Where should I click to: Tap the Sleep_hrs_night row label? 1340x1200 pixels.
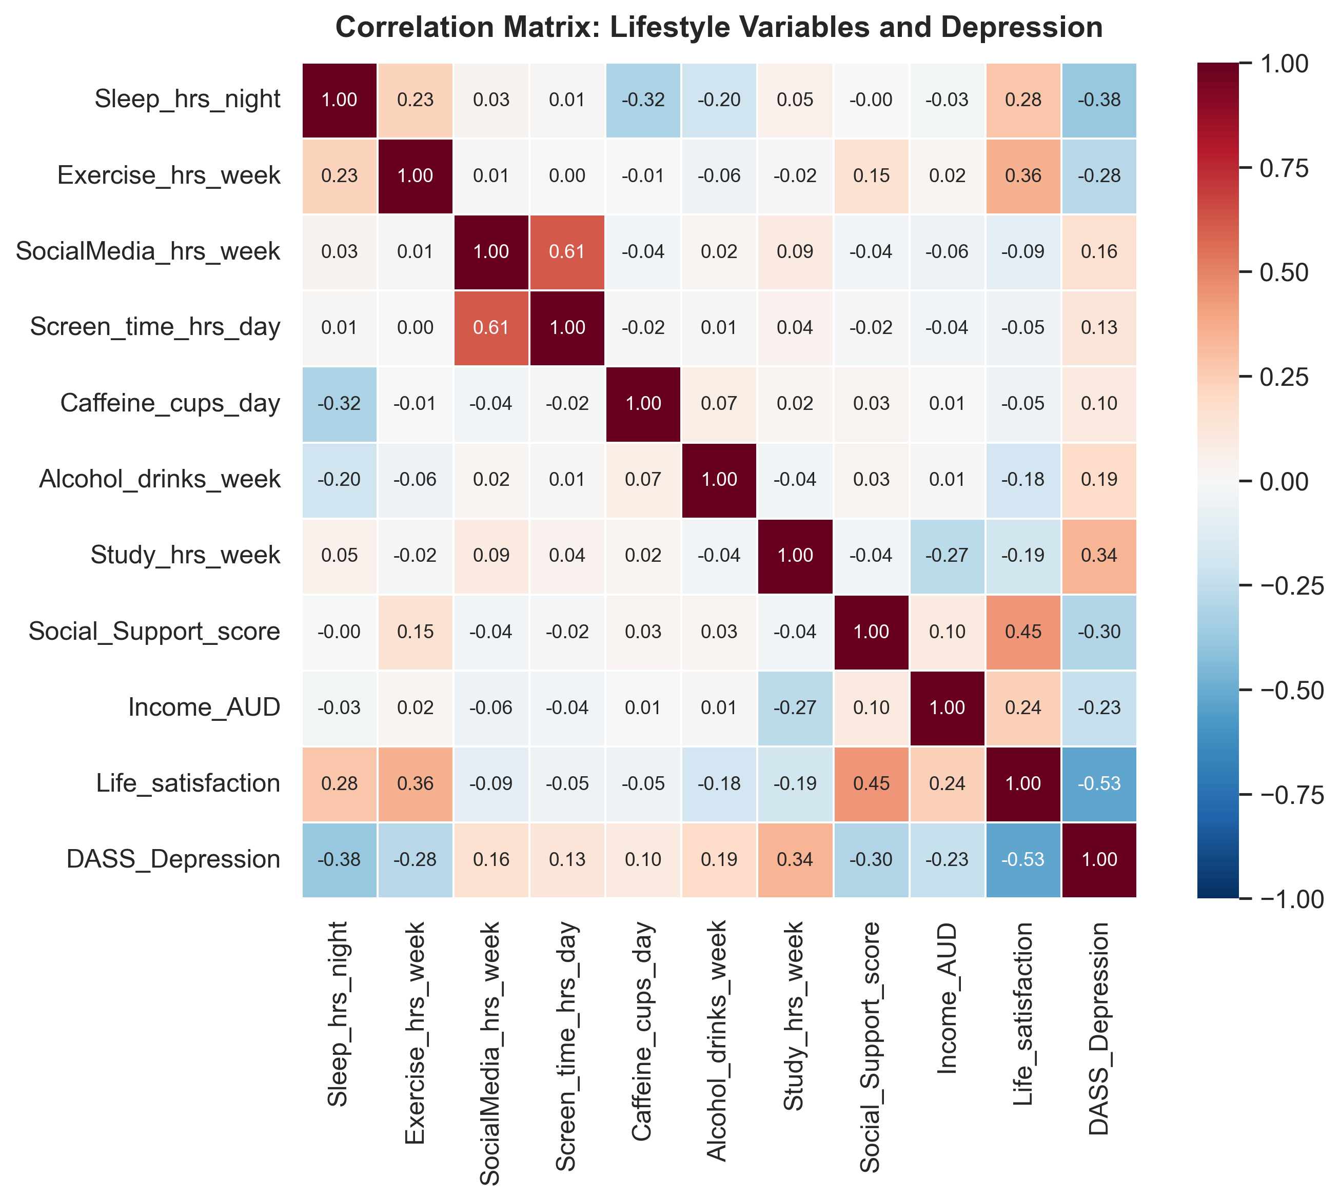click(x=187, y=100)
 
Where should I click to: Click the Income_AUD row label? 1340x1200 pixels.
click(x=204, y=707)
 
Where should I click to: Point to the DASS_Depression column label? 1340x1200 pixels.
click(x=1099, y=1028)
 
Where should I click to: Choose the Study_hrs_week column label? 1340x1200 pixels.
click(x=795, y=1016)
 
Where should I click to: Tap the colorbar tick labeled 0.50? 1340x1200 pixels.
click(x=1283, y=272)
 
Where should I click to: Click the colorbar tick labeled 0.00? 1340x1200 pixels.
click(x=1283, y=481)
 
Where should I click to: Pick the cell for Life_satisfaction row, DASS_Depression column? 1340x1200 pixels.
click(x=1099, y=784)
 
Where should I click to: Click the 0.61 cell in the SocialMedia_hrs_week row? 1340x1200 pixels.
click(x=567, y=252)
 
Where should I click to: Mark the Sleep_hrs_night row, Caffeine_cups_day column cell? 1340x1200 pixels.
click(x=643, y=100)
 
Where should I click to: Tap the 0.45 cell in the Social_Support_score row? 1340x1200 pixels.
click(x=1023, y=632)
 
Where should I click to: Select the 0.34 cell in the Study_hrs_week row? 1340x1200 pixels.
click(x=1099, y=556)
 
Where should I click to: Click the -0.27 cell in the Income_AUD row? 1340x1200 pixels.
click(x=795, y=707)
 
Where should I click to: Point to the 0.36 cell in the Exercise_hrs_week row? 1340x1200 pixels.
click(x=1023, y=176)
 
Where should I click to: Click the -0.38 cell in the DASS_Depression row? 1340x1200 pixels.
click(x=339, y=860)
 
